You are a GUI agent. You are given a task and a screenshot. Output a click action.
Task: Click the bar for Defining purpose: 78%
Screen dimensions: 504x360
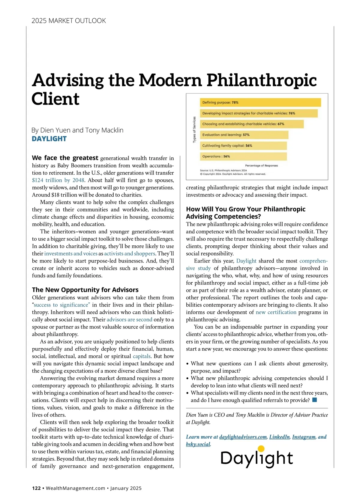pos(260,103)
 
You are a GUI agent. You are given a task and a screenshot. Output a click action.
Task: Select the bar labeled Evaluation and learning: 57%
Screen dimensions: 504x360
pos(244,135)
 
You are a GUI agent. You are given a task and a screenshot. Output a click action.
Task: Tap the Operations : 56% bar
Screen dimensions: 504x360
pos(243,157)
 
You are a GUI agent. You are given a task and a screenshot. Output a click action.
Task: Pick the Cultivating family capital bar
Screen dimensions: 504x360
pos(243,146)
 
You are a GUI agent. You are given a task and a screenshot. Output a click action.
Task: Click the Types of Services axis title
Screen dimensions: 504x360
pos(194,130)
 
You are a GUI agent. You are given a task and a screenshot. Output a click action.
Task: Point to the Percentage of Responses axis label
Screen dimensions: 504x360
pos(261,166)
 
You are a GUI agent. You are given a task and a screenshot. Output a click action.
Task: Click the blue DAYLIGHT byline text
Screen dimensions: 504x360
pos(49,139)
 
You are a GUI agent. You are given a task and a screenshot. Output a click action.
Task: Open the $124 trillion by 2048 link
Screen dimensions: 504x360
pos(58,180)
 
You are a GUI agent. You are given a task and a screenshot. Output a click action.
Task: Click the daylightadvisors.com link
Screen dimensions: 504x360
pos(243,437)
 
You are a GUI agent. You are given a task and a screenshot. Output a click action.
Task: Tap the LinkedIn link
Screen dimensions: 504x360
pos(279,437)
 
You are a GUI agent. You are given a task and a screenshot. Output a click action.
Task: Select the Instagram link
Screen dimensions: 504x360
pos(304,437)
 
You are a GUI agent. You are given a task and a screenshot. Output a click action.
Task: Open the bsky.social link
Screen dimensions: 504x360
pos(198,444)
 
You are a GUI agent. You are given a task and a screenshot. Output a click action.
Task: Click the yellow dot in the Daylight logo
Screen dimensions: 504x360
pos(261,449)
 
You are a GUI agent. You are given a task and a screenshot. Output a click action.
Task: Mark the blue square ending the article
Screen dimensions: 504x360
pos(315,400)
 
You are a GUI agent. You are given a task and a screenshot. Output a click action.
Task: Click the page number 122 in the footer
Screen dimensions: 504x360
pos(36,488)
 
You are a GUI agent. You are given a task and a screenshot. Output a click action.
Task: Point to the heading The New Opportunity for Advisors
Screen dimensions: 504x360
pos(85,290)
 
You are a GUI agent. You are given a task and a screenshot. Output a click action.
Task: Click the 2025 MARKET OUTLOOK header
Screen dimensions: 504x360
pos(69,21)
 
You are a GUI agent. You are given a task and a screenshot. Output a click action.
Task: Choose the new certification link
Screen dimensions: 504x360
pos(276,312)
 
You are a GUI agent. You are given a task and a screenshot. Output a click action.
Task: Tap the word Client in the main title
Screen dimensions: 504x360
pos(55,99)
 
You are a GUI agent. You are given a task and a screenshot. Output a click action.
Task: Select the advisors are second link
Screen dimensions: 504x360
pos(129,320)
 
